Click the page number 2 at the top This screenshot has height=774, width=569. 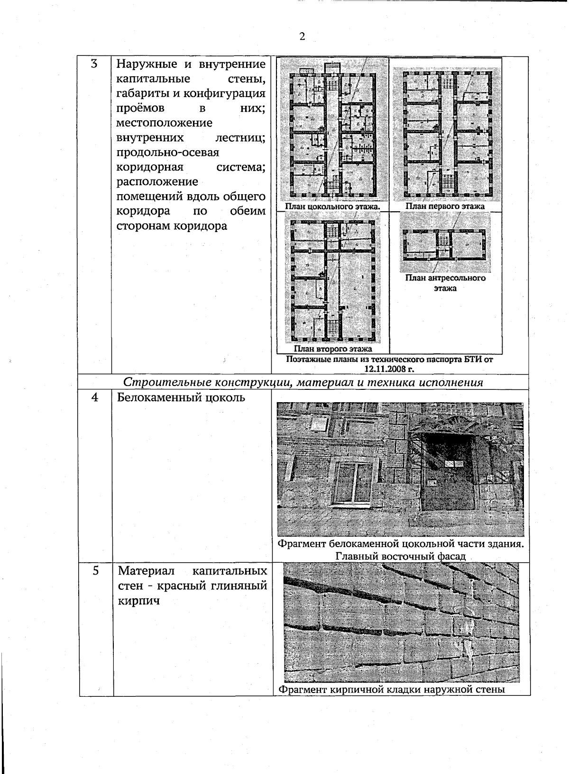tap(302, 36)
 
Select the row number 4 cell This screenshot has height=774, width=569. tap(95, 397)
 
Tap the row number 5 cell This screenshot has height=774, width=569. tap(96, 571)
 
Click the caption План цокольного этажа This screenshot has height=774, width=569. tap(332, 207)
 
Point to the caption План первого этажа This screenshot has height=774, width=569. tap(445, 207)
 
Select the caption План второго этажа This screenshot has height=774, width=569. tap(336, 350)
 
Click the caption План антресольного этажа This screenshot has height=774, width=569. tap(445, 283)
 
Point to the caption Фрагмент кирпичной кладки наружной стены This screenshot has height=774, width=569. tap(392, 689)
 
